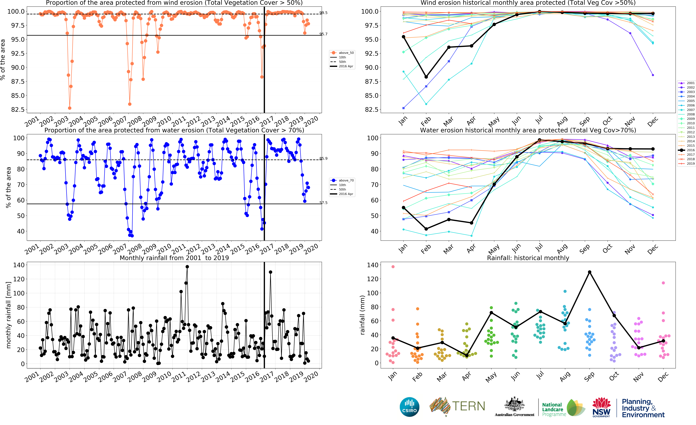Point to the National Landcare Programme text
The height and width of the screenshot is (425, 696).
pyautogui.click(x=554, y=409)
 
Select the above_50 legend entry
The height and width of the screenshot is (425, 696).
pyautogui.click(x=342, y=53)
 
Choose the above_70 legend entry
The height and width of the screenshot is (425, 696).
pyautogui.click(x=342, y=180)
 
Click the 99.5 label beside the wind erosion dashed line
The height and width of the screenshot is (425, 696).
pyautogui.click(x=323, y=13)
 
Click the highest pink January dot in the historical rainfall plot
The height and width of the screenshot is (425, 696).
pyautogui.click(x=393, y=267)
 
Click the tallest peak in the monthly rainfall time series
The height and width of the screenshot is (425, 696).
pyautogui.click(x=187, y=267)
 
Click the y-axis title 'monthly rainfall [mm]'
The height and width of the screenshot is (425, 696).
pyautogui.click(x=8, y=315)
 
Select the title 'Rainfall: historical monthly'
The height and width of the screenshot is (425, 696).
pyautogui.click(x=528, y=258)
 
